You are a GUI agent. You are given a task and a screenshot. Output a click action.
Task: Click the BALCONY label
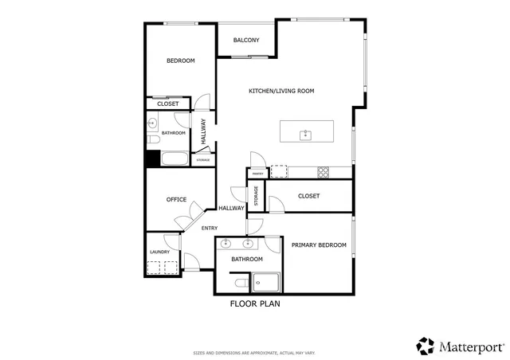click(245, 41)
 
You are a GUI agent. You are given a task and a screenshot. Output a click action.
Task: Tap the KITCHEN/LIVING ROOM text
click(281, 92)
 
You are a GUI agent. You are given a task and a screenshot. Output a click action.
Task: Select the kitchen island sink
click(305, 134)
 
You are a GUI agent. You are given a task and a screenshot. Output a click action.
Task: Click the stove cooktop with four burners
click(324, 171)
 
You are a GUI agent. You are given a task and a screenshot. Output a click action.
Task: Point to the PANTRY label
click(257, 173)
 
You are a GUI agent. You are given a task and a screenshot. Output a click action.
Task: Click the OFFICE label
click(176, 200)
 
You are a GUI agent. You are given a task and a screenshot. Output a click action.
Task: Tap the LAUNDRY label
click(159, 253)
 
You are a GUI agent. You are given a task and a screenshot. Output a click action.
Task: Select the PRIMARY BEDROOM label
click(319, 245)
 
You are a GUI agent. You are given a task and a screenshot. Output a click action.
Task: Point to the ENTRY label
click(210, 229)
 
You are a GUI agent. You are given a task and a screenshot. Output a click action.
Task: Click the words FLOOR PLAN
click(255, 303)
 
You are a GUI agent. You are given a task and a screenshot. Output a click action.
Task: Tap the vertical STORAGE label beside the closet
click(256, 197)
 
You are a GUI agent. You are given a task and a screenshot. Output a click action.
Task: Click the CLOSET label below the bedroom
click(167, 104)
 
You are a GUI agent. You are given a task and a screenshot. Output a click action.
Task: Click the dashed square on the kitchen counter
click(278, 171)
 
